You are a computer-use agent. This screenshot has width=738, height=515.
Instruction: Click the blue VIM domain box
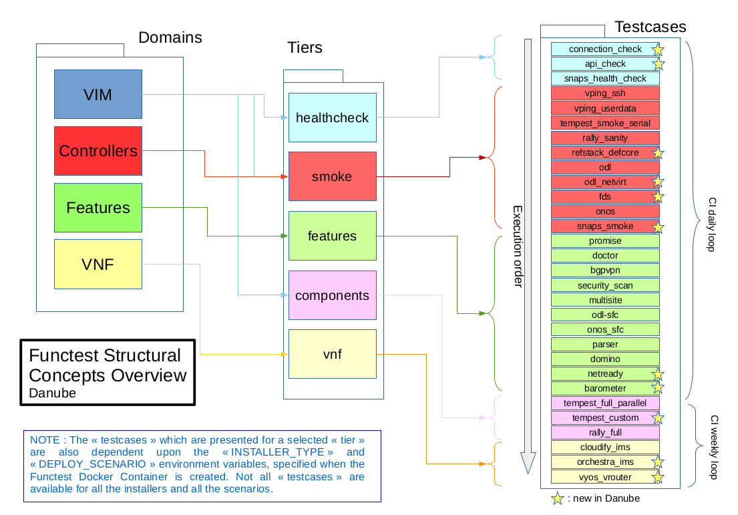(98, 94)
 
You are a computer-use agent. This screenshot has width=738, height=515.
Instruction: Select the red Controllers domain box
(98, 151)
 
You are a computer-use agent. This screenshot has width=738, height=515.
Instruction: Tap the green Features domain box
(98, 208)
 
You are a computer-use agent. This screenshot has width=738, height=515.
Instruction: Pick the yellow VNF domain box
(98, 264)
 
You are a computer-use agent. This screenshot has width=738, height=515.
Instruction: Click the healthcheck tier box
(332, 118)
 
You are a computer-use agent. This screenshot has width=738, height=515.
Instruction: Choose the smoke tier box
(332, 176)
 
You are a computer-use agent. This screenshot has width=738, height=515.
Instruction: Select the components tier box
(332, 295)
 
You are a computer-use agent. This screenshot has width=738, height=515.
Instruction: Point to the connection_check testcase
(604, 49)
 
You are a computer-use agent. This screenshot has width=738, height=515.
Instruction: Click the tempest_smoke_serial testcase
(604, 123)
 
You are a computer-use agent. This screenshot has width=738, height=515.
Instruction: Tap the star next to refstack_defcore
(658, 153)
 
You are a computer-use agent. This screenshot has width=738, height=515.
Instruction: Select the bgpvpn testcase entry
(604, 271)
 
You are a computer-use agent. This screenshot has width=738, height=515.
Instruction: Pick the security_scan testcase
(604, 285)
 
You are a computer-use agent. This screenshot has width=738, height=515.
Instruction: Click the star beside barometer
(658, 388)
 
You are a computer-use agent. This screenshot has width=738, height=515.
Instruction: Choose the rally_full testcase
(604, 432)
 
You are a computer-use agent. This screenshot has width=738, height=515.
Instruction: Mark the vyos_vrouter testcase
(604, 477)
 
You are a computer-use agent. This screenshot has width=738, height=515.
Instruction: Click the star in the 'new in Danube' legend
(558, 498)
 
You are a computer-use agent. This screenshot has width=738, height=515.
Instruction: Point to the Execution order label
(518, 247)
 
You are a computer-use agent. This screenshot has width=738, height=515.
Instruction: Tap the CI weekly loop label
(713, 447)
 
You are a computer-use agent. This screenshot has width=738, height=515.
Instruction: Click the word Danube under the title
(52, 393)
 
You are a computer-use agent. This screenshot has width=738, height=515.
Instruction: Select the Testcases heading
(650, 27)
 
